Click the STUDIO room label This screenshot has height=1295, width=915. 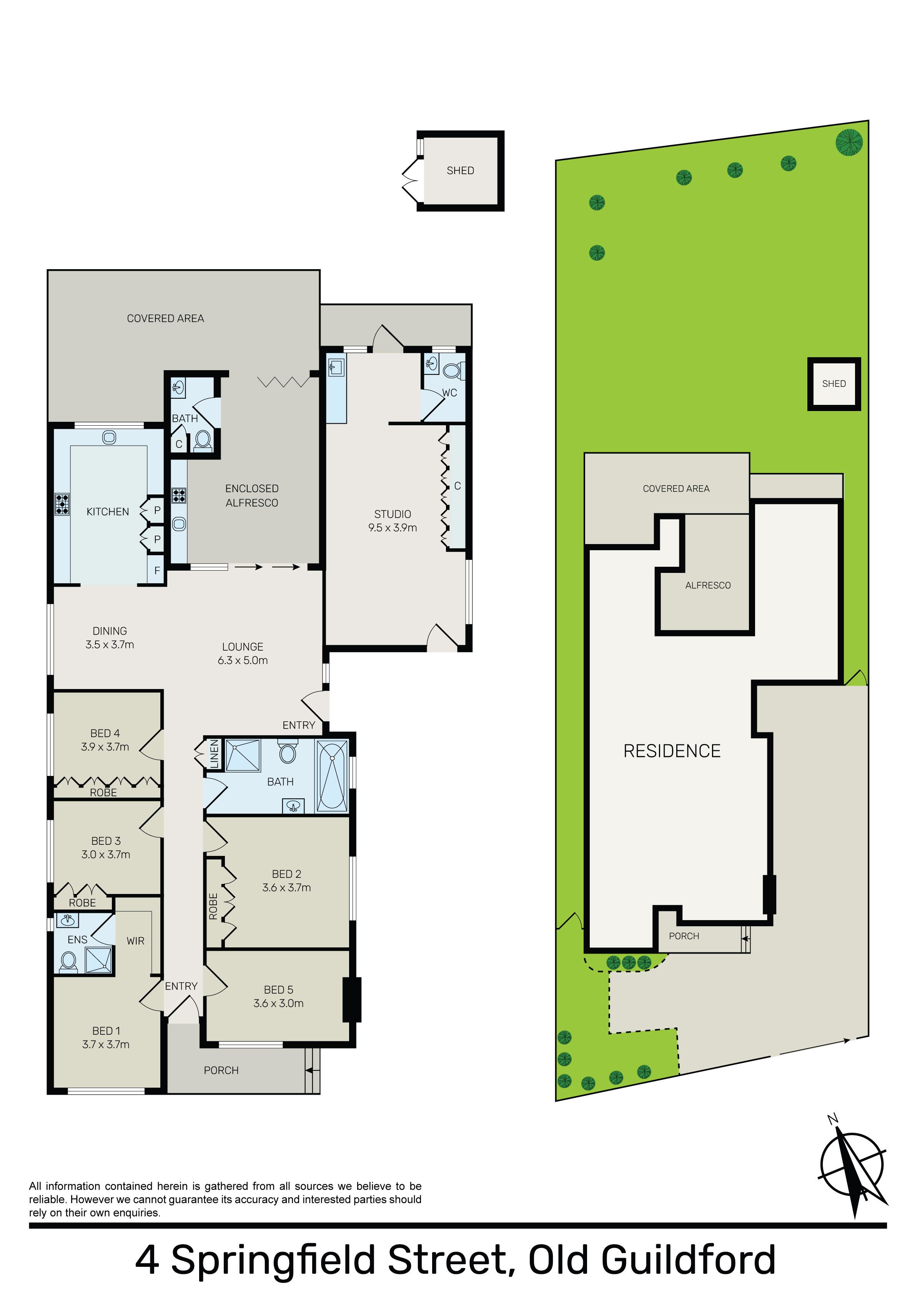[x=393, y=514]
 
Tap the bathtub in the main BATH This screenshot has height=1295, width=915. [x=333, y=776]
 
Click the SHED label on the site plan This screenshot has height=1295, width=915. [x=834, y=383]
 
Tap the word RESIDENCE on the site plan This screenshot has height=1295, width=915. [x=672, y=751]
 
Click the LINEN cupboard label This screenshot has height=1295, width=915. [x=214, y=754]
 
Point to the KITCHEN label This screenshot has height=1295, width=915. [x=108, y=511]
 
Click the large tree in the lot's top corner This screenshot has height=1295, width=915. [x=849, y=141]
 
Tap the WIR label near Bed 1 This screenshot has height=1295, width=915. [x=135, y=941]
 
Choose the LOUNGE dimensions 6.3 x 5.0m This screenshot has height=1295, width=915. [x=243, y=660]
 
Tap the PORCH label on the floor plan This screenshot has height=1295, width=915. [x=221, y=1070]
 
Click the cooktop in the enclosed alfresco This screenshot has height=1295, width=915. [x=179, y=496]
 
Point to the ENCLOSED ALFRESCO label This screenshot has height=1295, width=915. [x=252, y=495]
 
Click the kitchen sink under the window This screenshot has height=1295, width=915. [x=109, y=437]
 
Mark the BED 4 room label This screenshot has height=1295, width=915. [x=105, y=733]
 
